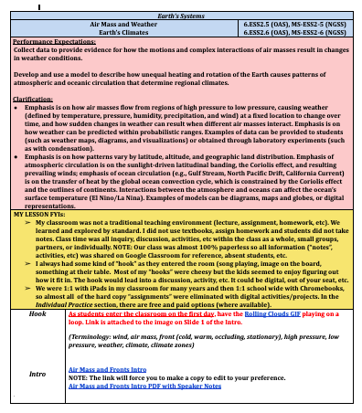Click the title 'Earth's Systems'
(181, 11)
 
